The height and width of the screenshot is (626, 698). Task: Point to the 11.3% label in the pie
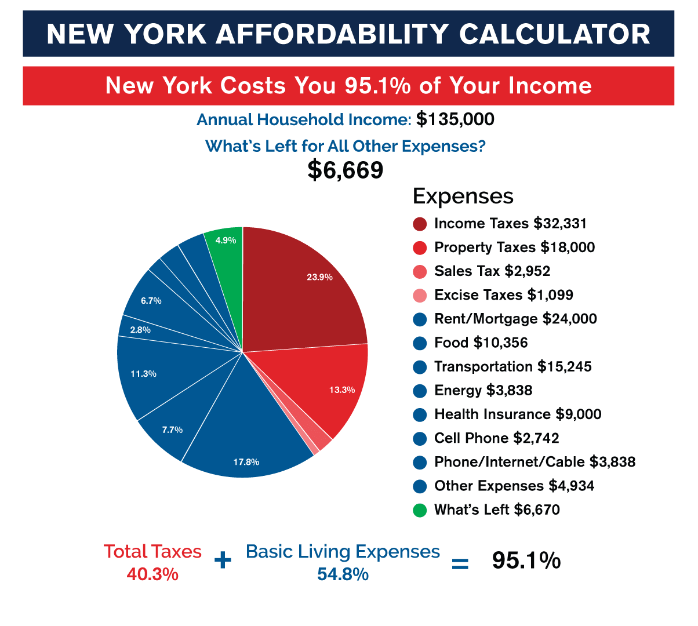point(143,374)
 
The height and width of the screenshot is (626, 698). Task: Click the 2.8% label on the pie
point(140,330)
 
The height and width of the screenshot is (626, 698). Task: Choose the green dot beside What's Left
point(420,510)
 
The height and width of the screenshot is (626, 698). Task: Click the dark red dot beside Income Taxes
point(420,224)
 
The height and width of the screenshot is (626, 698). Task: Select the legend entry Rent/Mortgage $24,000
point(515,319)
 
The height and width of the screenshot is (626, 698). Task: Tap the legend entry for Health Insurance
point(518,414)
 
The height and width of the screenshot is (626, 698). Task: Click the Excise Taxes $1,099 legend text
point(504,295)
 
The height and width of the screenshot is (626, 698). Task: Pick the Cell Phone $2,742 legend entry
point(497,438)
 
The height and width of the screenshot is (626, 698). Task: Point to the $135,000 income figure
point(455,120)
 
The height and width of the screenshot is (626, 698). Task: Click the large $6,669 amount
point(346,170)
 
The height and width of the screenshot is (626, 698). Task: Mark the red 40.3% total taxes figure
point(152,574)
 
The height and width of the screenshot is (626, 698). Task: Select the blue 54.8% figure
point(343,574)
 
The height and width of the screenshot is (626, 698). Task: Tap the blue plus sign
point(223,561)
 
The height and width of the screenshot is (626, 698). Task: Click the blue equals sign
point(460,563)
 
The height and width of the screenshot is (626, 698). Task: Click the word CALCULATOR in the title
point(555,34)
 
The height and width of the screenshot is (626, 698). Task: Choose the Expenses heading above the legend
point(463,196)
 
